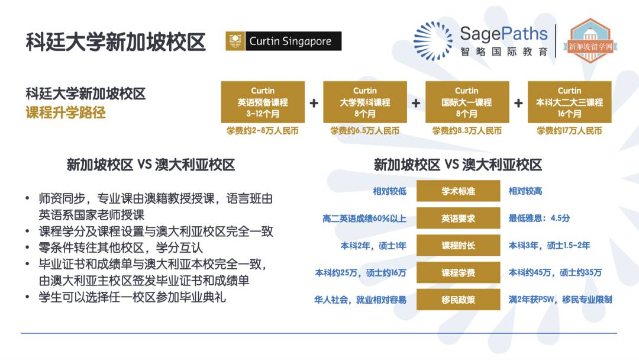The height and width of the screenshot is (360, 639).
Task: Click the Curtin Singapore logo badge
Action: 283,41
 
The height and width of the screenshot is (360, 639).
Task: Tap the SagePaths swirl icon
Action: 433,41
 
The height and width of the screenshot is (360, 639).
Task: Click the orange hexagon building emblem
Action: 590,41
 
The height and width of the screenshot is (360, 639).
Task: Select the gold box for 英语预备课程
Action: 263,102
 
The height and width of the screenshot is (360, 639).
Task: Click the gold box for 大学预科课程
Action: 365,102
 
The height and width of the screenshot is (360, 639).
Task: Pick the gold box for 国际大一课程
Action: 467,102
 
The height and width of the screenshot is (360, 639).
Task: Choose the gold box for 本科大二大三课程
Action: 569,102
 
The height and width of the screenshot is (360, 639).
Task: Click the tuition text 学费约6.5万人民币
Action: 364,131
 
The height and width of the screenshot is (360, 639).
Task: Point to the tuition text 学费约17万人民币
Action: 569,131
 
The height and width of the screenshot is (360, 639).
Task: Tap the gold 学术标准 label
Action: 458,191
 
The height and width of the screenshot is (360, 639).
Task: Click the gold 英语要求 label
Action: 458,218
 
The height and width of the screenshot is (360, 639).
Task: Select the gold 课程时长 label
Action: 458,246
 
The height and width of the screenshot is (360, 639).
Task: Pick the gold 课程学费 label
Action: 458,272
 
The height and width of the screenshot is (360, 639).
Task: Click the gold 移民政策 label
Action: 458,300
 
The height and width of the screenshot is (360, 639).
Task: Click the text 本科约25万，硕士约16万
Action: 361,273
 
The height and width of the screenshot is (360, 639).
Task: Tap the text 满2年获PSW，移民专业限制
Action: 560,300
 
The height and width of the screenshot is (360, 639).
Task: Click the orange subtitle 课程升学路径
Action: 66,112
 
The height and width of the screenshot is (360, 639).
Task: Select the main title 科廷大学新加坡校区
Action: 116,42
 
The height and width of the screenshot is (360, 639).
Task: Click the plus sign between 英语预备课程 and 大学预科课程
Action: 314,103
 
